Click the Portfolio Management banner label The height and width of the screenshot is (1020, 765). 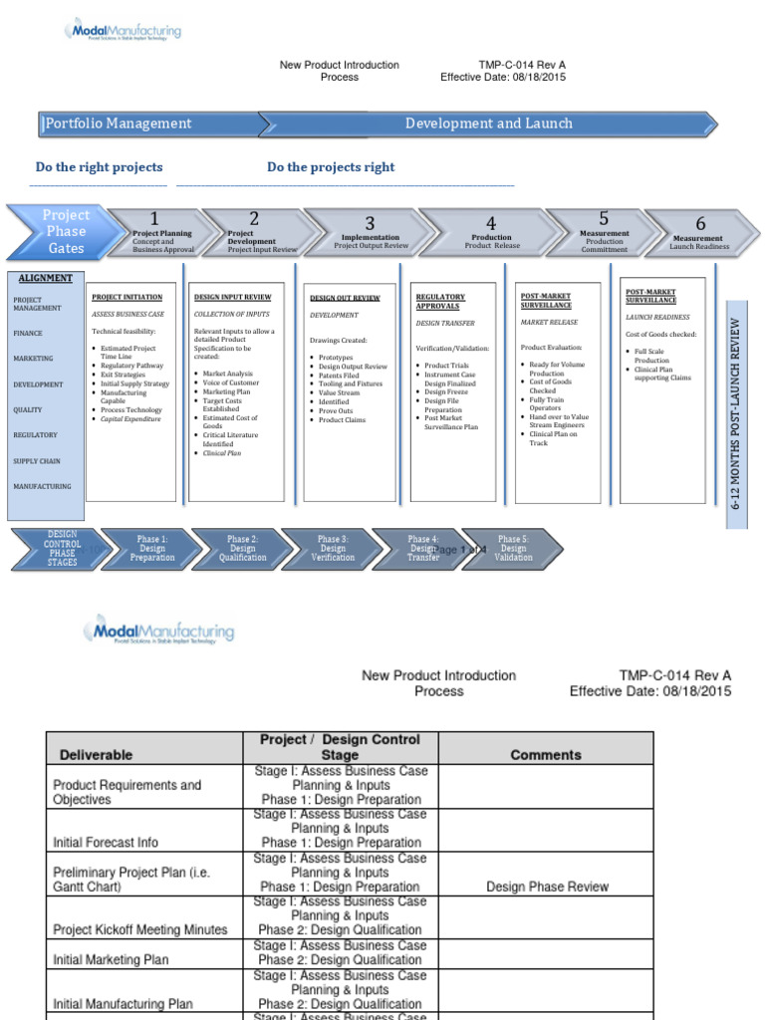[x=119, y=124]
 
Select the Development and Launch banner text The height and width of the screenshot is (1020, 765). [x=488, y=124]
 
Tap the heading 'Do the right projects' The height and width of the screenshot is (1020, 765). [x=99, y=167]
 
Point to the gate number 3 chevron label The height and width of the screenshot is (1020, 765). [x=370, y=224]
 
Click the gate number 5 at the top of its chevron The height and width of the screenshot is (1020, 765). [x=604, y=218]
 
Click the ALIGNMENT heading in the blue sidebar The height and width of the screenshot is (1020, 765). [x=45, y=279]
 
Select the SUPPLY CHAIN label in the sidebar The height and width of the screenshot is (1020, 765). [x=37, y=461]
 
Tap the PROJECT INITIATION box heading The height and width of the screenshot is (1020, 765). [x=128, y=297]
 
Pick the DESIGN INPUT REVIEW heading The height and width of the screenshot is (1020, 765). [x=231, y=297]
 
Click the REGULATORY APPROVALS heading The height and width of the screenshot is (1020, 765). [x=439, y=301]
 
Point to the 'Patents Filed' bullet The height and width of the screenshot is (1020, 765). [x=339, y=376]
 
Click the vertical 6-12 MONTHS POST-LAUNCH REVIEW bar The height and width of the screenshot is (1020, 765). [x=735, y=413]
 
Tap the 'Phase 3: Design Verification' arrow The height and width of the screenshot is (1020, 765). [x=333, y=549]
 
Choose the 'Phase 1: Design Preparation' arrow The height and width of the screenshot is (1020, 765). [x=152, y=549]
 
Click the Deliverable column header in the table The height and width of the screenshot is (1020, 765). [x=96, y=755]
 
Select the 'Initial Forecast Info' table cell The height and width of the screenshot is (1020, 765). [x=105, y=842]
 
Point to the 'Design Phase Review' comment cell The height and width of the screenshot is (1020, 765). [x=546, y=887]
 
